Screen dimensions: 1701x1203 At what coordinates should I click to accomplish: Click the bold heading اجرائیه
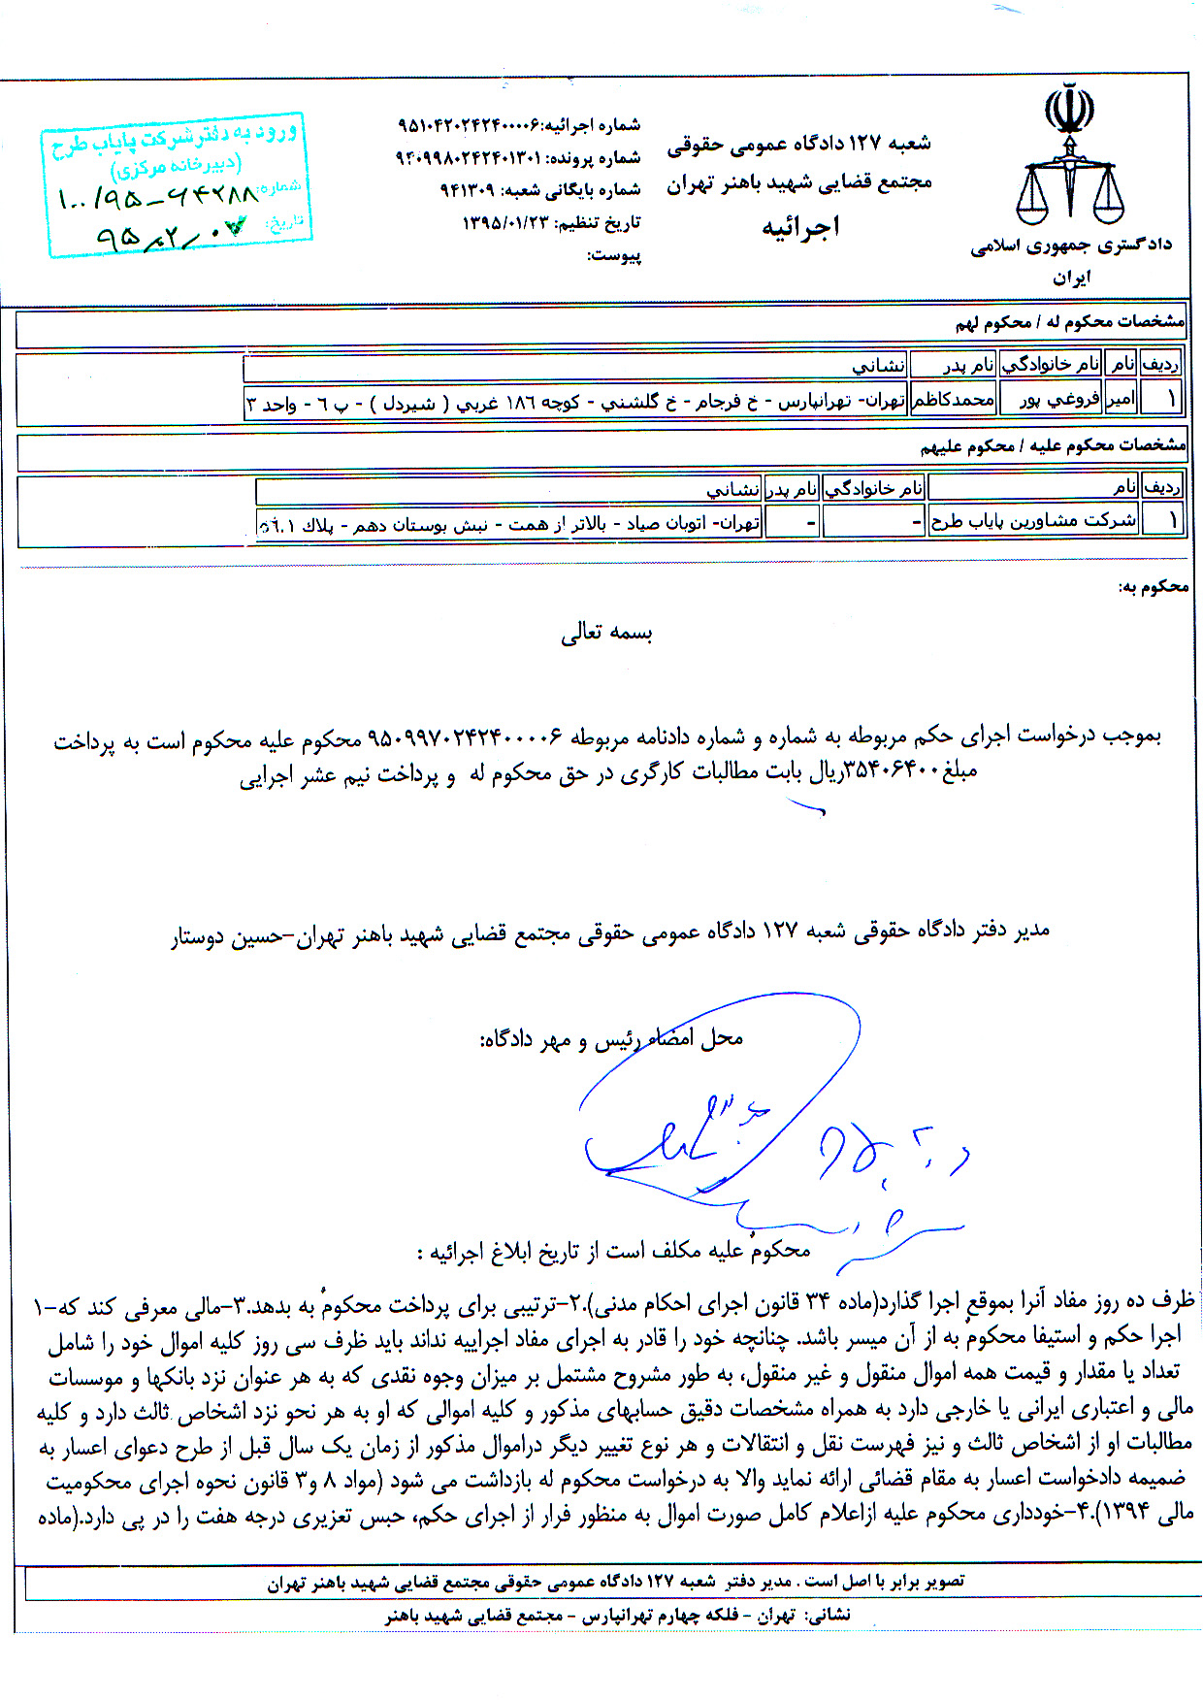coord(800,227)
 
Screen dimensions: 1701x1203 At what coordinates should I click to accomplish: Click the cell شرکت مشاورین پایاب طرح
coord(1032,521)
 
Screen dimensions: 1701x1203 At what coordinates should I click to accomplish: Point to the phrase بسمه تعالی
coord(606,634)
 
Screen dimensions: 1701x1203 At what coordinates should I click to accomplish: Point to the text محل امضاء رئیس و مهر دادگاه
coord(611,1039)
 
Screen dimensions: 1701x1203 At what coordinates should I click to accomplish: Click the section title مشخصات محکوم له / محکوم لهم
coord(1069,322)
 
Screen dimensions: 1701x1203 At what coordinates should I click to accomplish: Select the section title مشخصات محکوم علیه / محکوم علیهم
coord(1053,446)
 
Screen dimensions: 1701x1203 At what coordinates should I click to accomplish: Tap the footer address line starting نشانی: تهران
coord(618,1615)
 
